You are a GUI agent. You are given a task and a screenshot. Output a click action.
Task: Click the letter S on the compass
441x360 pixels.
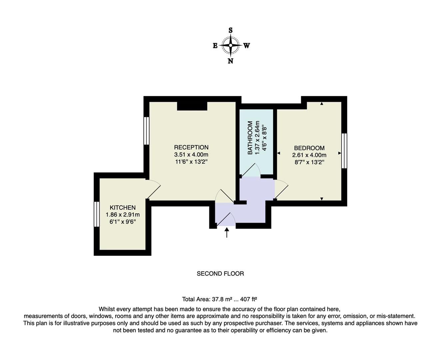[230, 30]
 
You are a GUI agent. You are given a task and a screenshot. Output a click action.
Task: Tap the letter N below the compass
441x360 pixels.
[230, 61]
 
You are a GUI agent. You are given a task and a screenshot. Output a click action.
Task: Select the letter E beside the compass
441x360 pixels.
[215, 46]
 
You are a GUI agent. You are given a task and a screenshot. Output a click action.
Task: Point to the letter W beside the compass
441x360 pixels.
[246, 46]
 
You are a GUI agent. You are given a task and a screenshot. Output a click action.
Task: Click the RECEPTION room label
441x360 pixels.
[191, 147]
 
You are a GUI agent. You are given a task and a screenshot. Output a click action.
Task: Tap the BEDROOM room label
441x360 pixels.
[309, 148]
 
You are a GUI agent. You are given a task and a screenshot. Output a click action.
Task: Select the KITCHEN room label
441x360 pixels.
[123, 208]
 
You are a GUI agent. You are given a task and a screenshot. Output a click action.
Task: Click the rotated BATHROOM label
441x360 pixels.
[250, 138]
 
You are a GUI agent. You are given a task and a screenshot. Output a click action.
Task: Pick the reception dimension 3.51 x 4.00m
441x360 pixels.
[191, 155]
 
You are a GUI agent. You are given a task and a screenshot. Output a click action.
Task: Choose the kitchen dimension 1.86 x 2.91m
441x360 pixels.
[123, 215]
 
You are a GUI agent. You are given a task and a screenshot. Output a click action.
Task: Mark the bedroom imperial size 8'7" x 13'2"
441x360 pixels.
[309, 162]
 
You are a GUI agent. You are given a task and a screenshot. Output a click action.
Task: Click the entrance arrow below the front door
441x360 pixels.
[227, 232]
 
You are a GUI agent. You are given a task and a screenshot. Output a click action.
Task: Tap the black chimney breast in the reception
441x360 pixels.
[192, 106]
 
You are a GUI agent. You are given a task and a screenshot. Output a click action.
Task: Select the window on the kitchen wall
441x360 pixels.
[97, 214]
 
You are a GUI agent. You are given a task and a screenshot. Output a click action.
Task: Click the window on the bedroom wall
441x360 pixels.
[344, 151]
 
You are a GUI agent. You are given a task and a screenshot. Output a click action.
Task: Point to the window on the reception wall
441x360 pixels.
[146, 130]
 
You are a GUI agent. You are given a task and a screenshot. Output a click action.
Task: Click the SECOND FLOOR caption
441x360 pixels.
[220, 274]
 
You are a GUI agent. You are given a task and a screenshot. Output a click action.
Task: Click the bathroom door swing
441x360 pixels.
[250, 170]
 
